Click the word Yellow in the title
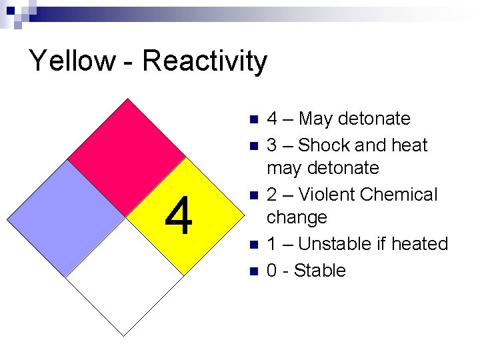point(72,61)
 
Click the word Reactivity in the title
point(205,61)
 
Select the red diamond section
point(127,157)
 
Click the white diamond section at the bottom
point(125,277)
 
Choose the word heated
point(422,244)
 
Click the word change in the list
point(297,217)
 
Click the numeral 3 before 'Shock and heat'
point(272,145)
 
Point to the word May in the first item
point(316,119)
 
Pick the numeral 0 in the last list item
point(272,271)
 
